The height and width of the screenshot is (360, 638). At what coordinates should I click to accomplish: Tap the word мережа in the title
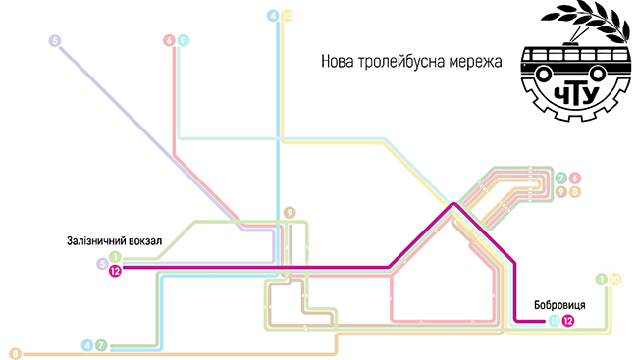(x=475, y=62)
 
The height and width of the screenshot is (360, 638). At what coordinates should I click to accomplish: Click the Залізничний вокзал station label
(x=114, y=240)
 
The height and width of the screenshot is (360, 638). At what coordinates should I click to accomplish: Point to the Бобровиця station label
(x=559, y=305)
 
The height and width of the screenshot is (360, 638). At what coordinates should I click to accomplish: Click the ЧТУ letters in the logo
(x=576, y=96)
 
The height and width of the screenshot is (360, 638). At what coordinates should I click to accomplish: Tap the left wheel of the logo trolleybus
(x=543, y=74)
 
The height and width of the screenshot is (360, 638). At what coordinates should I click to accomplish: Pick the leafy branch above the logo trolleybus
(x=586, y=21)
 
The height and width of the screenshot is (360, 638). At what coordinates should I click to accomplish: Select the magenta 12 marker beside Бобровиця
(x=568, y=321)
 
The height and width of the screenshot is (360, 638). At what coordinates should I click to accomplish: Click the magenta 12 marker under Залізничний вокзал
(x=115, y=271)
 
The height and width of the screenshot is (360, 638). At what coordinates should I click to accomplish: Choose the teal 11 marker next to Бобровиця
(x=554, y=321)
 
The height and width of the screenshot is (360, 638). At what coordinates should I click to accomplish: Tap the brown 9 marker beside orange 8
(x=561, y=192)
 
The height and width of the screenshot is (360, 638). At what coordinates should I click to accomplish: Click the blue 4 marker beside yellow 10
(x=273, y=16)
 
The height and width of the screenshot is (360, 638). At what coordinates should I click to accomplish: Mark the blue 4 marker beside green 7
(x=87, y=345)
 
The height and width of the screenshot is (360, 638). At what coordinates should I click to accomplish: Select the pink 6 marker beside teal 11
(x=169, y=40)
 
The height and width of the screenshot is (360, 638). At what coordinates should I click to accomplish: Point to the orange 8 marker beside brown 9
(x=575, y=192)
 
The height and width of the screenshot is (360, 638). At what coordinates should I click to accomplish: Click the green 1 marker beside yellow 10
(x=602, y=279)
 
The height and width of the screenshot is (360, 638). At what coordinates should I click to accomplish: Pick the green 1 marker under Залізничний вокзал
(x=115, y=257)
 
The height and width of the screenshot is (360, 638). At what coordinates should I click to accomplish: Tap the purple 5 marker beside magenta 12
(x=102, y=264)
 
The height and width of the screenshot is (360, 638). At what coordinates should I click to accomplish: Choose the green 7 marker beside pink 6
(x=561, y=179)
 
